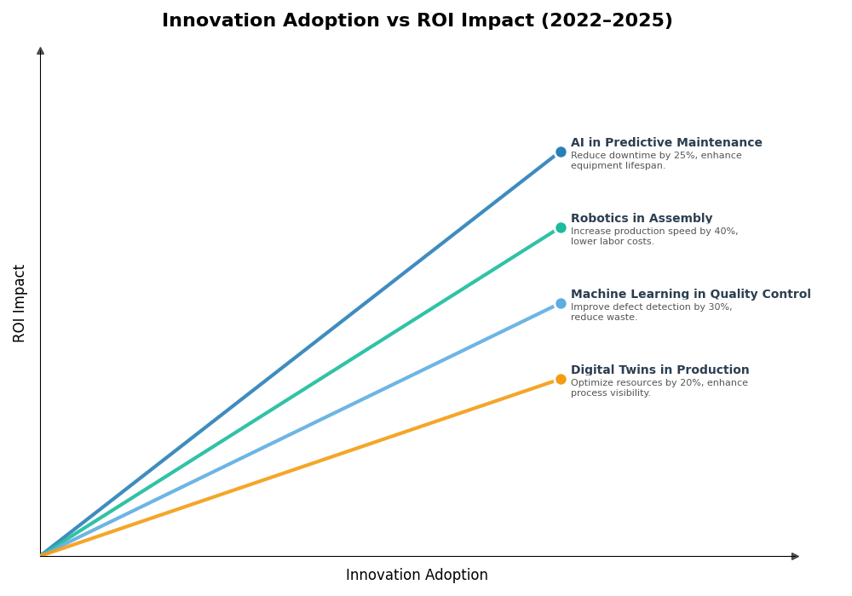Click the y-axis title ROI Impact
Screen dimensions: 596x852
[20, 303]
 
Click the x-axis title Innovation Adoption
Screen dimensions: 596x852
[417, 576]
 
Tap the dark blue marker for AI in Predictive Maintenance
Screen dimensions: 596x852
[561, 152]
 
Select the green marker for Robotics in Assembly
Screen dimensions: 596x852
[561, 228]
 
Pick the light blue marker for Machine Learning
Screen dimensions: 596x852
[561, 304]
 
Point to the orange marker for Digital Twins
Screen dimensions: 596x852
[561, 380]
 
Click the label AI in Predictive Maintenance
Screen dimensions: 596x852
[666, 143]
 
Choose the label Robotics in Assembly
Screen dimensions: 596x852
[642, 219]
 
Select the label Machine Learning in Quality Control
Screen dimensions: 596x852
[690, 295]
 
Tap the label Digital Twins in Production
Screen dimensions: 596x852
[659, 370]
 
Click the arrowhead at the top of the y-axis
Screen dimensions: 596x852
[40, 51]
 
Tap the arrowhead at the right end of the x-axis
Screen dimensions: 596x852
[795, 557]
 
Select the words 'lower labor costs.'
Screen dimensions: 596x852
[613, 242]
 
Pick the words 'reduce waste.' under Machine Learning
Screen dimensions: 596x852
[604, 318]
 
